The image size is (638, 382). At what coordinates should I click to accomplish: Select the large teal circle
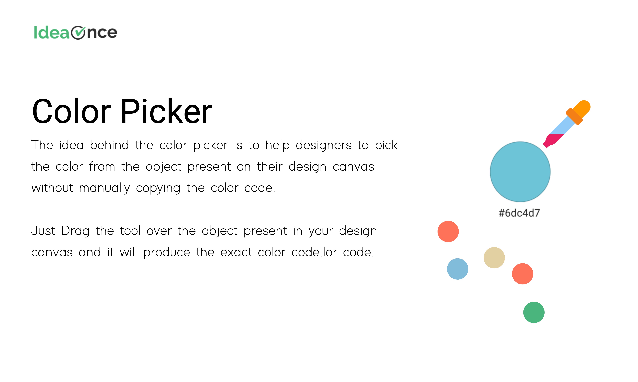pos(520,172)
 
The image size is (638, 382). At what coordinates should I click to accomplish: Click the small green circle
pos(534,312)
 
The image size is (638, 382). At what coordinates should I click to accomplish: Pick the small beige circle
pos(494,258)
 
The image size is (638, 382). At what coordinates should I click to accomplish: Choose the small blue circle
pos(458,269)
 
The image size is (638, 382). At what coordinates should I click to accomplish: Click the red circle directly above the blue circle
pos(448,231)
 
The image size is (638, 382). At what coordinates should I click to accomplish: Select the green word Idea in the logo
pos(52,32)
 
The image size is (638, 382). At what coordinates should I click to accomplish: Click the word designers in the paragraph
pos(324,145)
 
